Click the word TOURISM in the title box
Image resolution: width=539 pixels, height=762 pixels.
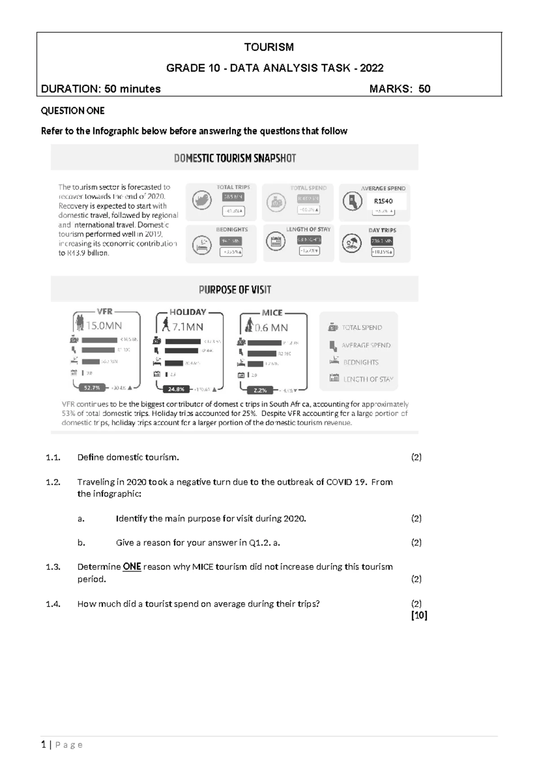[x=269, y=47]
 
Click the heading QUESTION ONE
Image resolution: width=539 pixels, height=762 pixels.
[x=73, y=111]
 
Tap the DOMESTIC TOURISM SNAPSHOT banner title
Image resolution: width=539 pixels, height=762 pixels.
[x=235, y=158]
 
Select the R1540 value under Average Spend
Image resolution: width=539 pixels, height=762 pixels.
[x=383, y=201]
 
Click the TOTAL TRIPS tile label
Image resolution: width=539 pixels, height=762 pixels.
[x=233, y=187]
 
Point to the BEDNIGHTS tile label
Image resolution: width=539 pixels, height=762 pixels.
[x=232, y=229]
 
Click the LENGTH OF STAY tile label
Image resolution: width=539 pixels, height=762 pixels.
[x=308, y=229]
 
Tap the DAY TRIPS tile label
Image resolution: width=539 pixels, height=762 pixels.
[x=382, y=230]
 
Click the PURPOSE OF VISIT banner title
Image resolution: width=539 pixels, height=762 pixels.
[x=235, y=290]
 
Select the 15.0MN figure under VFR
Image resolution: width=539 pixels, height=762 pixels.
[x=104, y=325]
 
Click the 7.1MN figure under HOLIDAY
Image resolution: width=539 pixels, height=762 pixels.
[x=188, y=327]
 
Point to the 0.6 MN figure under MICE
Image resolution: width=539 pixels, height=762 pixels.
[x=271, y=328]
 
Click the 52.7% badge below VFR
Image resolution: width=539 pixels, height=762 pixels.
[x=92, y=388]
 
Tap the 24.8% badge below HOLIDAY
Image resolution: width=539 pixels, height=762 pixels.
[x=176, y=389]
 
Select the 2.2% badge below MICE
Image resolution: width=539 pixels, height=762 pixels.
[x=260, y=390]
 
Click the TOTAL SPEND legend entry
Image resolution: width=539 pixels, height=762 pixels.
[x=362, y=328]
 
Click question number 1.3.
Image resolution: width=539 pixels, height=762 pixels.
[x=53, y=567]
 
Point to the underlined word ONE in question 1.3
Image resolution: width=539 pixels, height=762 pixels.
[x=132, y=567]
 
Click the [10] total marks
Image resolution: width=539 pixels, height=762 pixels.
[x=419, y=616]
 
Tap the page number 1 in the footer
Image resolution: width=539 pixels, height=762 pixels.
[x=44, y=744]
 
